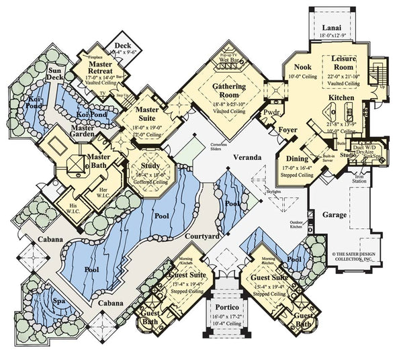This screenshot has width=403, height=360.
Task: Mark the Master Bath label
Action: click(99, 161)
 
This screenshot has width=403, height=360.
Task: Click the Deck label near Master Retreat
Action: click(124, 40)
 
